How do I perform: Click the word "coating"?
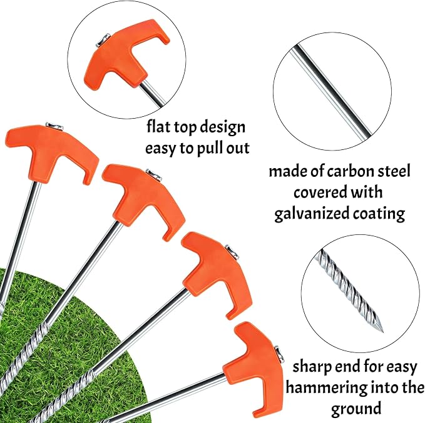379,214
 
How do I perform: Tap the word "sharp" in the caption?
312,367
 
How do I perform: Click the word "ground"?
356,409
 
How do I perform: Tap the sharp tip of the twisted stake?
382,332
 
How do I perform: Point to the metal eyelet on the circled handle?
103,40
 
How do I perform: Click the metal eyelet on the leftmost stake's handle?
54,126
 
